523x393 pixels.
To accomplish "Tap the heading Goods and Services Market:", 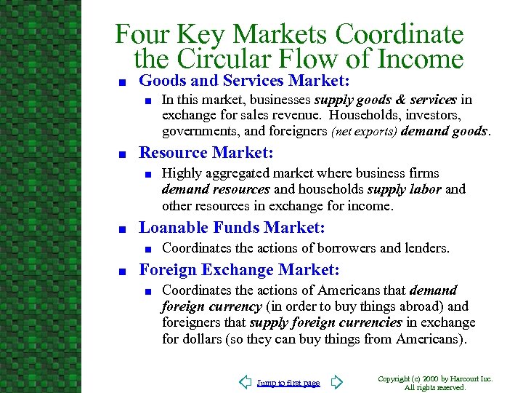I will [x=245, y=80].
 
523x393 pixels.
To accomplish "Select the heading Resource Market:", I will [x=206, y=153].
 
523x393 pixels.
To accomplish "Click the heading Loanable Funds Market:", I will [x=232, y=227].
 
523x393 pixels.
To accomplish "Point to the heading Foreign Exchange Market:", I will [x=239, y=270].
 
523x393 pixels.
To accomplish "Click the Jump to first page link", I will [x=288, y=383].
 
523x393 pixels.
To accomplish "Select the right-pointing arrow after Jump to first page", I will [x=336, y=382].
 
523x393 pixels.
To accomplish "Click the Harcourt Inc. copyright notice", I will [x=436, y=383].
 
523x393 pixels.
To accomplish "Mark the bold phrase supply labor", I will [x=406, y=189].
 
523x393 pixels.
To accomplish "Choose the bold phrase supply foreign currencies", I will [x=325, y=322].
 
